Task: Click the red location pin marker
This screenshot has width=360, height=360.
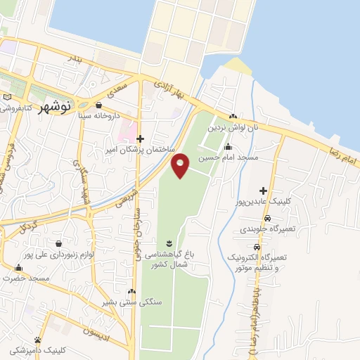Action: coord(181,165)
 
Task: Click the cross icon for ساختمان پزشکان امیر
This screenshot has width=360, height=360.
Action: coord(141,139)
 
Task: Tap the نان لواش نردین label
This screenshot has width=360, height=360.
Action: coord(233,129)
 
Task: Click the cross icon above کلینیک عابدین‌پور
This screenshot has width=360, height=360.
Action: coord(263,191)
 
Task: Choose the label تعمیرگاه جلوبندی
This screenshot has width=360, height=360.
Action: coord(263,229)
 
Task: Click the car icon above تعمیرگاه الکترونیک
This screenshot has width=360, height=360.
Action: coord(257,247)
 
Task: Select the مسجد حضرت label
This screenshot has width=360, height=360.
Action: coord(25,278)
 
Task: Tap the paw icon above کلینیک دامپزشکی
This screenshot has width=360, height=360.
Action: coord(48,338)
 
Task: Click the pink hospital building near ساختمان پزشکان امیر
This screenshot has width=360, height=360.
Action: coord(127,131)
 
